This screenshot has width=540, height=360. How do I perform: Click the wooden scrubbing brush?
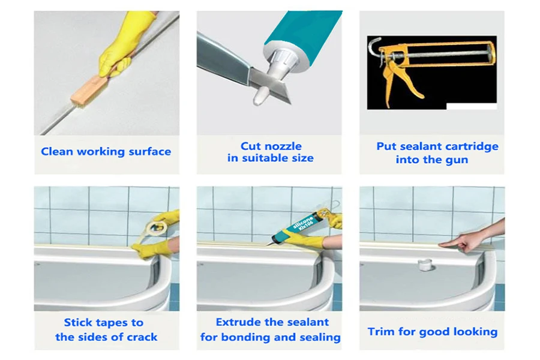88,90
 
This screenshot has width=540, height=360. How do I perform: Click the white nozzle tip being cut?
260,96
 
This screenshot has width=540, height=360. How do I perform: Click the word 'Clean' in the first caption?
56,152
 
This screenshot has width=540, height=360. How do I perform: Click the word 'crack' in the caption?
142,337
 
